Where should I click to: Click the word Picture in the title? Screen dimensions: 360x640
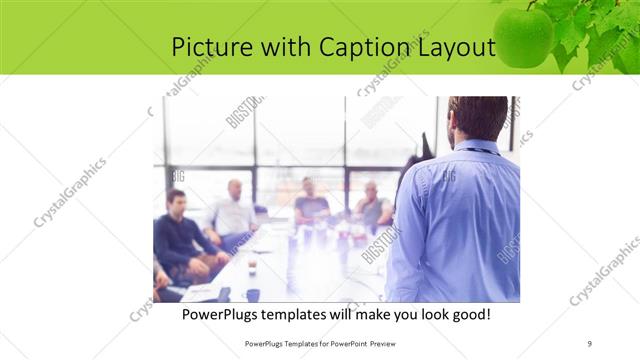(207, 47)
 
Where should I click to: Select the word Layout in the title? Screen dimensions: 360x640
(456, 47)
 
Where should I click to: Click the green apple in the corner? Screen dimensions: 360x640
(523, 37)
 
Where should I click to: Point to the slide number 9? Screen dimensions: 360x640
(590, 343)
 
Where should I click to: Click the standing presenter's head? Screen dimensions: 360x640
(478, 118)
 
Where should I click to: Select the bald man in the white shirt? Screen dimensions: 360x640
(233, 209)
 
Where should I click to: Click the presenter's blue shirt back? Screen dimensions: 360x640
(460, 220)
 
